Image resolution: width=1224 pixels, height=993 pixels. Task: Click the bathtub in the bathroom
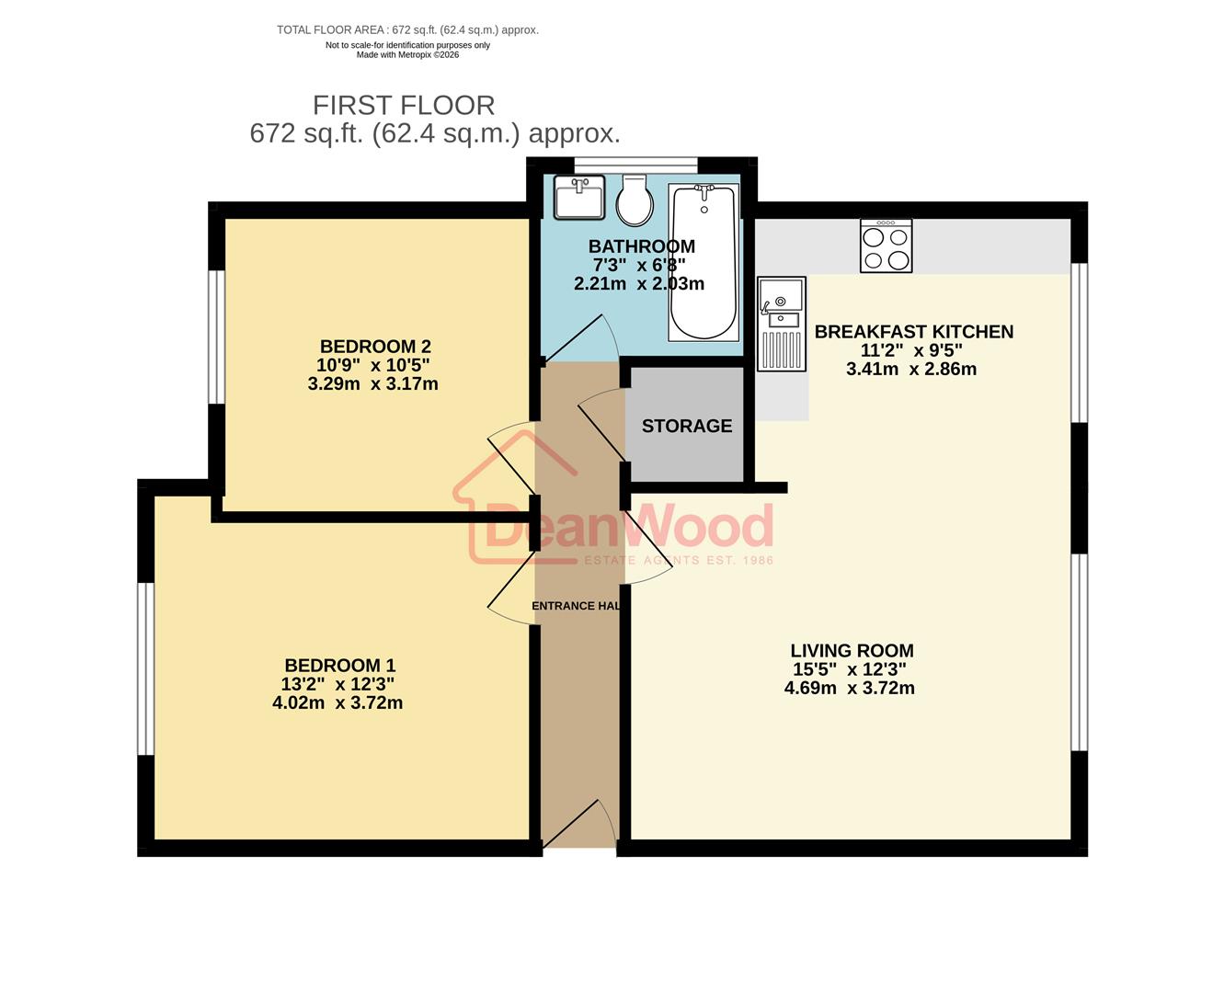(704, 262)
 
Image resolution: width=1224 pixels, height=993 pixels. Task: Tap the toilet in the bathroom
(635, 200)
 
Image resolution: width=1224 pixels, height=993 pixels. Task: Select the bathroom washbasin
(579, 198)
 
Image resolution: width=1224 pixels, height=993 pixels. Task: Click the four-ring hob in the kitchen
(886, 245)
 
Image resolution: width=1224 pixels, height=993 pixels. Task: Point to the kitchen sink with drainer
(781, 324)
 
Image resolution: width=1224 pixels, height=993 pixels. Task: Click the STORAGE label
(687, 426)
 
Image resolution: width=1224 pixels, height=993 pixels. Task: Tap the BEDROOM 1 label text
(339, 665)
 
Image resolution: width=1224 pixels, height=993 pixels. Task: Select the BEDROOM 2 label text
(375, 347)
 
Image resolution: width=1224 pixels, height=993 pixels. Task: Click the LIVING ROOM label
(852, 651)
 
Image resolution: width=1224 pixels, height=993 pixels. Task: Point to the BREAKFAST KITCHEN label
(913, 332)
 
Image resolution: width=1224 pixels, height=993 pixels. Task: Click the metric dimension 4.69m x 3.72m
(849, 688)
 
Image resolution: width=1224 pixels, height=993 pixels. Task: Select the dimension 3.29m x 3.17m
(372, 384)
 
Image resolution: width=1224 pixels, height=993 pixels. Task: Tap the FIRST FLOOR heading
(404, 105)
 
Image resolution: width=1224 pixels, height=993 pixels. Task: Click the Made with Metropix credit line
(407, 55)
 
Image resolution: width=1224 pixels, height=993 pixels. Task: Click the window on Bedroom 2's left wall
(217, 337)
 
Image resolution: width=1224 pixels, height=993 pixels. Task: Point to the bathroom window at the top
(635, 165)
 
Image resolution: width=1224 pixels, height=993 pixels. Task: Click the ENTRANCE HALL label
(576, 606)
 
